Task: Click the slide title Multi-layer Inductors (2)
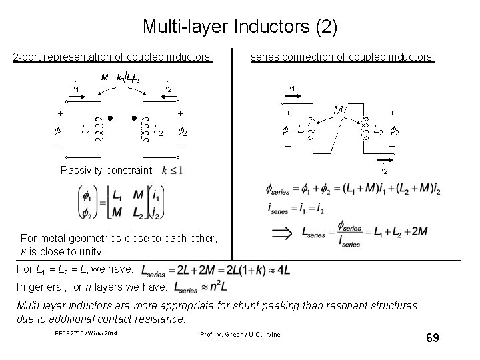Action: tap(240, 27)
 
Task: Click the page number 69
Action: tap(432, 339)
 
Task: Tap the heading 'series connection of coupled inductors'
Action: tap(342, 58)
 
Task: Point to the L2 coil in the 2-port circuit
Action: tap(143, 129)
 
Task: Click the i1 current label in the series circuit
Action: tap(293, 85)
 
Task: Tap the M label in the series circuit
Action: tap(338, 109)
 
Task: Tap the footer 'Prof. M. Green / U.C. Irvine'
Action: tap(240, 333)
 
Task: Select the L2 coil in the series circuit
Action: tap(365, 129)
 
